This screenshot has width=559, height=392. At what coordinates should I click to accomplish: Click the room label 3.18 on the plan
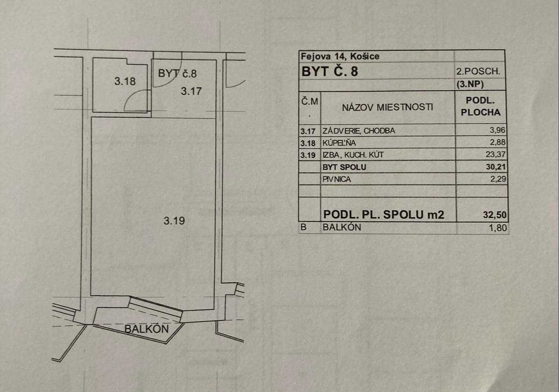[125, 81]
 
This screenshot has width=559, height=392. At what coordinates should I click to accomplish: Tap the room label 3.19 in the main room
[174, 221]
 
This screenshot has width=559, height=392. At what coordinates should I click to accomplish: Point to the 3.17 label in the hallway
[191, 91]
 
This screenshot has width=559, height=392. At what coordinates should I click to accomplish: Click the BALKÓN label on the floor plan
[146, 328]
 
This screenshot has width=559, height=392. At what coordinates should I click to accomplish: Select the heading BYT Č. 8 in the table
[331, 72]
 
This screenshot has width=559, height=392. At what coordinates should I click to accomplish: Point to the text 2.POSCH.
[478, 72]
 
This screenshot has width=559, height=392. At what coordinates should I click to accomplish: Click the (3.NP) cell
[478, 85]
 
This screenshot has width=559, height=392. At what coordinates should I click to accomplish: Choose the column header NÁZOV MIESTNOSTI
[388, 107]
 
